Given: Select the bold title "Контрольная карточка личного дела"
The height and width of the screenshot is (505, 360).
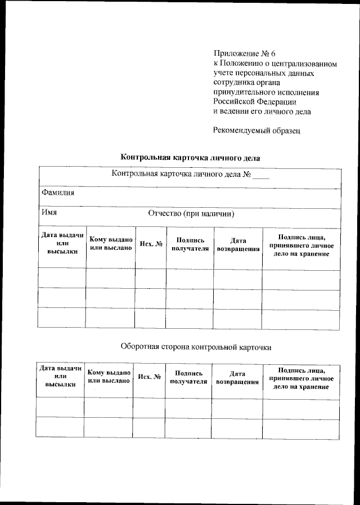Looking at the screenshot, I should tap(191, 158).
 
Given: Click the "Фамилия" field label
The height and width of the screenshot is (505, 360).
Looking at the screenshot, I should tap(58, 193).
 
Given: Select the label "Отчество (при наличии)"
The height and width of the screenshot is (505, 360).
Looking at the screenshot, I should tap(191, 214).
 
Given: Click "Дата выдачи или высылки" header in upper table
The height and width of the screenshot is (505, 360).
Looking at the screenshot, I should tap(62, 243).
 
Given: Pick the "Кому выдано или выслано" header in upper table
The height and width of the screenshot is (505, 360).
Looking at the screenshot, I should tap(111, 243).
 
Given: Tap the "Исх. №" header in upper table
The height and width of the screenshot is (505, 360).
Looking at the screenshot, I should tap(151, 244).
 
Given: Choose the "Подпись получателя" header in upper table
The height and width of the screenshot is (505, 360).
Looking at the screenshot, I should tap(190, 244).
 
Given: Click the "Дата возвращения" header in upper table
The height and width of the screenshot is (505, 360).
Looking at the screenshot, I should tap(238, 244).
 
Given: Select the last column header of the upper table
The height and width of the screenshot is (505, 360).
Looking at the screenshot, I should tap(301, 243).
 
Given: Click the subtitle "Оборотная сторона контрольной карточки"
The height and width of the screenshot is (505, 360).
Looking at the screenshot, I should tap(196, 347).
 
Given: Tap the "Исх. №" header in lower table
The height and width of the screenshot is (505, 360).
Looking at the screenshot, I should tap(149, 377).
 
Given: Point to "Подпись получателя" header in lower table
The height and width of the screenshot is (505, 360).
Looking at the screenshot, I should tap(188, 377).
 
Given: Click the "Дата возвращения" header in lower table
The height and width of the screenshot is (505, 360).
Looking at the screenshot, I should tap(237, 377).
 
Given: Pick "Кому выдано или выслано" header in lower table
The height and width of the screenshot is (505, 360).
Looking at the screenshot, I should tap(109, 377).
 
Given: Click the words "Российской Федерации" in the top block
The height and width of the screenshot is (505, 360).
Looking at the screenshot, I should tap(254, 102).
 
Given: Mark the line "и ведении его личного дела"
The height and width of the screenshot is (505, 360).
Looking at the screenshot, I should tap(262, 111).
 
